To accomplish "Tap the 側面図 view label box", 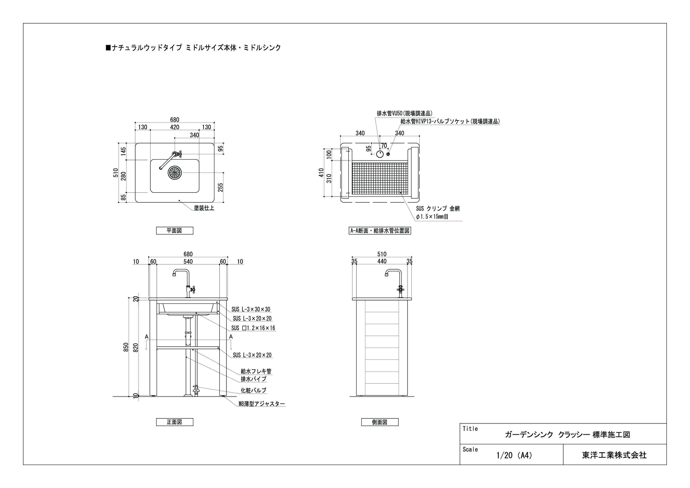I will [380, 422].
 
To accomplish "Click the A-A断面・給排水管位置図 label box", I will [380, 231].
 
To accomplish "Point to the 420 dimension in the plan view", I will [175, 127].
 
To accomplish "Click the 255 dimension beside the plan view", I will [220, 187].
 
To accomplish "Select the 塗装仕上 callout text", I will [204, 208].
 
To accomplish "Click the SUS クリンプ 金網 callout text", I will [438, 209].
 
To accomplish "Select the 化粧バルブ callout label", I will [253, 390].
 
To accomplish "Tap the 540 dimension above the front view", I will [188, 262].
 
